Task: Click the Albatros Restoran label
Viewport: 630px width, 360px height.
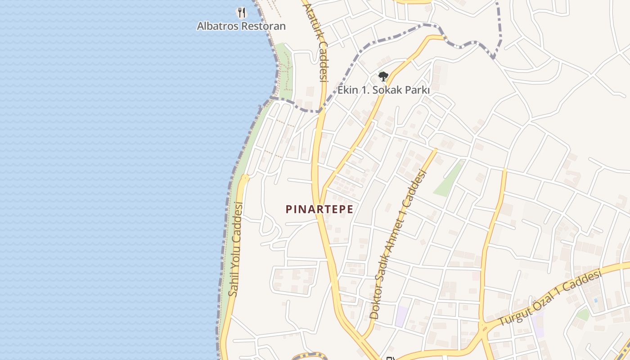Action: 241,26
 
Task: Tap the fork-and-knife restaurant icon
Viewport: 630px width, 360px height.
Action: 242,12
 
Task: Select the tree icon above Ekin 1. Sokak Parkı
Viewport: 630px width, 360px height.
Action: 383,76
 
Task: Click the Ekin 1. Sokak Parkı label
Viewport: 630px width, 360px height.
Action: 383,90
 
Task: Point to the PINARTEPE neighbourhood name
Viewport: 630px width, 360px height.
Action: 319,209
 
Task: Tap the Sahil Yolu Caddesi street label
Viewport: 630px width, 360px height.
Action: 235,250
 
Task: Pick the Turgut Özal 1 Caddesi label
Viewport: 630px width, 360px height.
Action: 550,298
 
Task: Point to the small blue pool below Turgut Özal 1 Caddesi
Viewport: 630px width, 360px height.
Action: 596,300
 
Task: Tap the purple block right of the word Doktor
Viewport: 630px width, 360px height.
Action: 401,316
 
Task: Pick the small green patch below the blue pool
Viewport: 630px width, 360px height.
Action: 583,315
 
